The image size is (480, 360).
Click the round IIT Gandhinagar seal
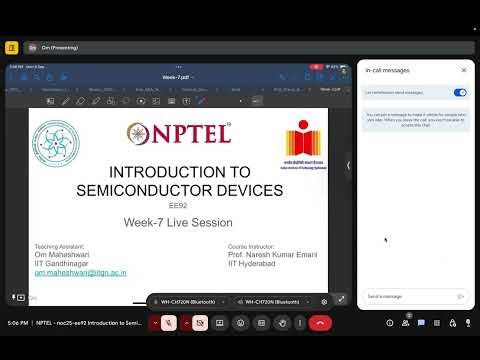(60, 139)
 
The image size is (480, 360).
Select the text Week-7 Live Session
(178, 222)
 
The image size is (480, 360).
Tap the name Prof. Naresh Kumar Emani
(273, 254)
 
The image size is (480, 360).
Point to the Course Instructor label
(251, 245)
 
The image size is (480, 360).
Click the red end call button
(320, 323)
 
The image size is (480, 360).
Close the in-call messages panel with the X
(463, 71)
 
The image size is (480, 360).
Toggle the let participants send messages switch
(460, 93)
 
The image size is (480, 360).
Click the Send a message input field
(405, 296)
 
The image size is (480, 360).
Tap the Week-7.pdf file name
(176, 76)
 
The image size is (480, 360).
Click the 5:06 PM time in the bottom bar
(16, 323)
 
